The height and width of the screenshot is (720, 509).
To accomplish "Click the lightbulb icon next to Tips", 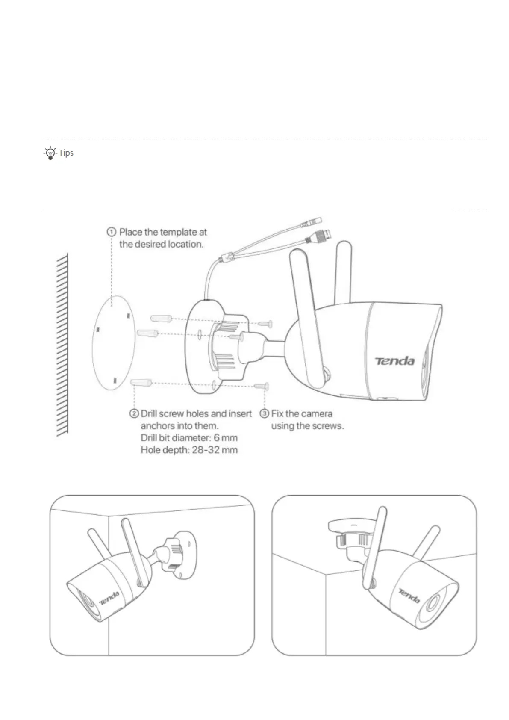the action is (50, 153).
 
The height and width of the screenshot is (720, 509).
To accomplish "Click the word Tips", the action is (66, 153).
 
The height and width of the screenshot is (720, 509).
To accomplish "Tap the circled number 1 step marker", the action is (111, 232).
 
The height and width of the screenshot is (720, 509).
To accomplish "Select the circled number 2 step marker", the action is (134, 413).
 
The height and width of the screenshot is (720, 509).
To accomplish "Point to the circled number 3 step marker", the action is (265, 413).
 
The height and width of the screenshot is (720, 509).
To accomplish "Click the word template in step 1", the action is (178, 232).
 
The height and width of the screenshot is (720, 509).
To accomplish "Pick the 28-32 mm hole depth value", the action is (215, 450).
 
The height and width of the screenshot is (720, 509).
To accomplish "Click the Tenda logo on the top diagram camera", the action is (395, 361).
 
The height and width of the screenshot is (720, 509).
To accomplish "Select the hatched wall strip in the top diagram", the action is (62, 344).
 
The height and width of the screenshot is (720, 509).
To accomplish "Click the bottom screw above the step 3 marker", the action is (262, 386).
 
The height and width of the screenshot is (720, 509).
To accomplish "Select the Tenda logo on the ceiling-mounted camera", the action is (409, 596).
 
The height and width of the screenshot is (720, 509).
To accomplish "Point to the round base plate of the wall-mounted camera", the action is (185, 554).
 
